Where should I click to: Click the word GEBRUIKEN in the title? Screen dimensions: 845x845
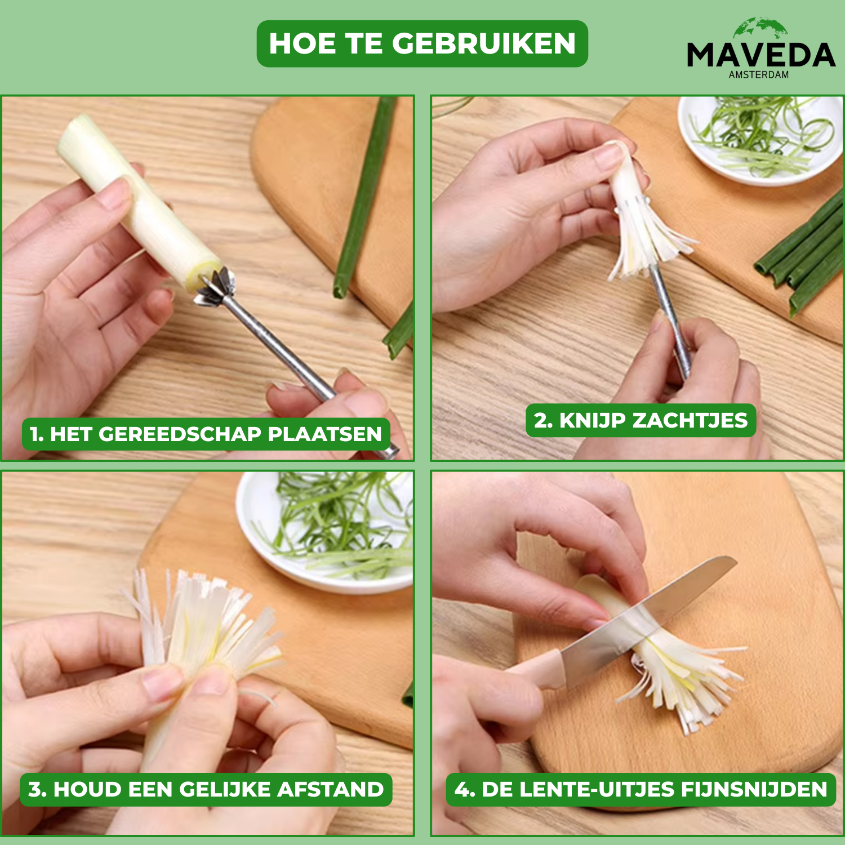[x=484, y=43]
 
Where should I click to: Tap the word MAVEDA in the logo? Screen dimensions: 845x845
[x=761, y=55]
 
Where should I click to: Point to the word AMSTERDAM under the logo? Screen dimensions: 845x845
[x=759, y=74]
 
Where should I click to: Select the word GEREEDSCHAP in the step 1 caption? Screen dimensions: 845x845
[x=180, y=434]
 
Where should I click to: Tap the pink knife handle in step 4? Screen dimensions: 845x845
[x=535, y=670]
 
